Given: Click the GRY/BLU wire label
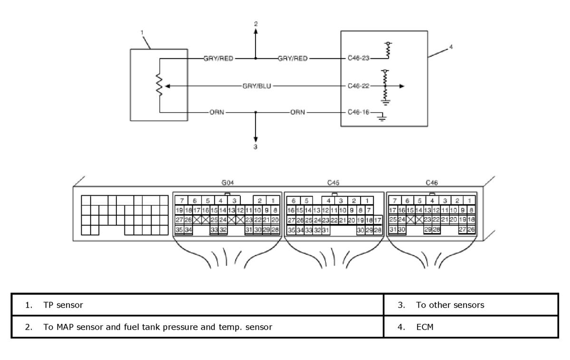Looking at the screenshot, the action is point(256,86).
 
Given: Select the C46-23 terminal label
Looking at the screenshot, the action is point(358,58).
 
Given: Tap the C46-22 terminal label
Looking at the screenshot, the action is point(358,86).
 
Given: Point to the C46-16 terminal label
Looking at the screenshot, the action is point(358,112).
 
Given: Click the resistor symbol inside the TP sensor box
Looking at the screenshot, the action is point(159,85).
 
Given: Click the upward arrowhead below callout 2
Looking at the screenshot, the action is point(256,31).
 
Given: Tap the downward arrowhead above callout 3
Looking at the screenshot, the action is point(256,140).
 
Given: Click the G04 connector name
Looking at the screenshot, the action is point(228,183).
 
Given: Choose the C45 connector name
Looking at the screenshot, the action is point(333,183).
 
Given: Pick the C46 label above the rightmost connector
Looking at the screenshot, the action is point(432,183).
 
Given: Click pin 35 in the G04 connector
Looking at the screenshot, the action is point(179,230).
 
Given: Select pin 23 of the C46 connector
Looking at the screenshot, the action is point(427,219).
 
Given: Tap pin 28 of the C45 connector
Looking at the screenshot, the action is point(378,230).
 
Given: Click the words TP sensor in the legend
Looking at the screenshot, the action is point(63,305).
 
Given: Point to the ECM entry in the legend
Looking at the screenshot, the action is point(425,327).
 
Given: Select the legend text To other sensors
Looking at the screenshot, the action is point(450,305).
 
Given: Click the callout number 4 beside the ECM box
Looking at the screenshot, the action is point(451,47).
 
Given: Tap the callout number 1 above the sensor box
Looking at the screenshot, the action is point(142,33).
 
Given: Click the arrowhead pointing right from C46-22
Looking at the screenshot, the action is point(402,86).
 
